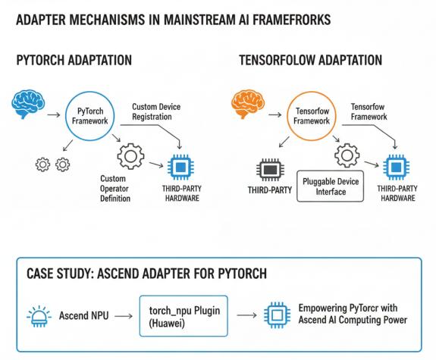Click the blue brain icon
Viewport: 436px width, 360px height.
[x=28, y=104]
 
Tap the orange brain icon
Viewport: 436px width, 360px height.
[x=248, y=104]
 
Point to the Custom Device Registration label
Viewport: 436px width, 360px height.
[x=156, y=111]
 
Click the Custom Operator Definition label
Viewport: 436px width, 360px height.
[x=115, y=189]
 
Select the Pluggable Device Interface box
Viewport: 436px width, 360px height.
[x=331, y=186]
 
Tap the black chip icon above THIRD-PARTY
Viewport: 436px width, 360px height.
[x=270, y=170]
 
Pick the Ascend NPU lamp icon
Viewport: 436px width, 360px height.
[x=39, y=316]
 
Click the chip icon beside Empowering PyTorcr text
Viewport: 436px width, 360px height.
[x=278, y=315]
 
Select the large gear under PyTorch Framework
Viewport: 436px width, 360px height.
[x=130, y=156]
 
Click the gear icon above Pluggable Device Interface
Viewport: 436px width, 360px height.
[x=347, y=155]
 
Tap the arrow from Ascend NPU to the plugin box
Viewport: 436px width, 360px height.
[x=124, y=316]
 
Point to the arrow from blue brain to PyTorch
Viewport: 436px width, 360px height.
[x=54, y=114]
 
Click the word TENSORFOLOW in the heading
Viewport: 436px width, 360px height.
[x=277, y=61]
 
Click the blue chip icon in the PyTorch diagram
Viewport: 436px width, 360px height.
[x=180, y=167]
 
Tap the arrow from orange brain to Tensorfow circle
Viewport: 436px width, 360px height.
[x=275, y=114]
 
